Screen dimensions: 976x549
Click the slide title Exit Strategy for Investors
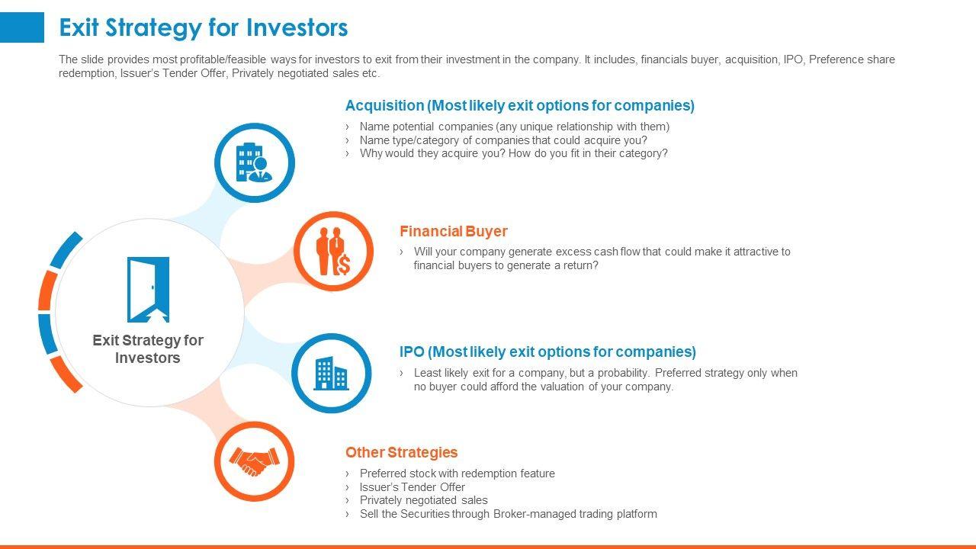pyautogui.click(x=204, y=27)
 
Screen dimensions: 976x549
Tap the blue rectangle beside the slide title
pyautogui.click(x=22, y=27)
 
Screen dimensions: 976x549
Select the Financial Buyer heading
pyautogui.click(x=454, y=231)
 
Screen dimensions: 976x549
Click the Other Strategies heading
pyautogui.click(x=401, y=452)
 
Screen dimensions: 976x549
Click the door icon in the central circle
pyautogui.click(x=148, y=289)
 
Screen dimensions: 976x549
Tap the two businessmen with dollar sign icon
pyautogui.click(x=333, y=252)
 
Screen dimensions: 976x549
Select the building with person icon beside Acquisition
pyautogui.click(x=254, y=162)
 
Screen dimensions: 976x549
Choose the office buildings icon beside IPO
pyautogui.click(x=331, y=374)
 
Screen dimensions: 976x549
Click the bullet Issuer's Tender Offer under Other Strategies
pyautogui.click(x=412, y=486)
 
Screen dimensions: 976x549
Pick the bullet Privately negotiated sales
pyautogui.click(x=423, y=500)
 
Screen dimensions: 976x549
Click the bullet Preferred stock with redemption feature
pyautogui.click(x=457, y=474)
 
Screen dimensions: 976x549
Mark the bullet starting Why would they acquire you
pyautogui.click(x=513, y=153)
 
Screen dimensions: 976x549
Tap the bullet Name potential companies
pyautogui.click(x=514, y=127)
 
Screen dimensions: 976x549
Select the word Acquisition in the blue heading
pyautogui.click(x=385, y=105)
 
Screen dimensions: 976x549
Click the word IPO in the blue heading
pyautogui.click(x=412, y=352)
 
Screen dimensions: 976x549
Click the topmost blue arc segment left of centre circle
pyautogui.click(x=66, y=249)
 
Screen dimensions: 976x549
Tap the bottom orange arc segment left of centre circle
pyautogui.click(x=66, y=374)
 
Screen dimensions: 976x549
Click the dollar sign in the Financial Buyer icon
pyautogui.click(x=344, y=264)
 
